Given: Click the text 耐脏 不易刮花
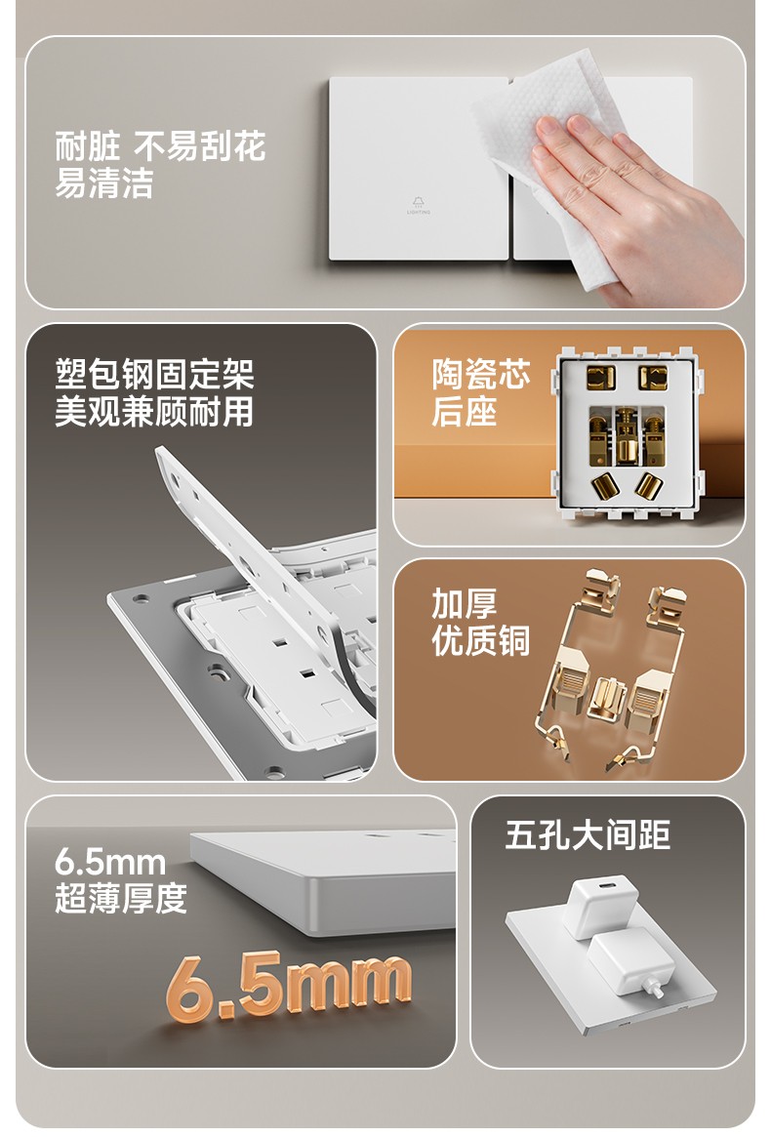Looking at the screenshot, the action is coord(160,145).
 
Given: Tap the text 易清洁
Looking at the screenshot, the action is coord(104,182).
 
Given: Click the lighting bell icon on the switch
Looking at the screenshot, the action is coord(419,202).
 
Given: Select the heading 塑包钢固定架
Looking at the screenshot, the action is coord(154,374).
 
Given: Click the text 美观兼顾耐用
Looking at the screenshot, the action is coord(154,411).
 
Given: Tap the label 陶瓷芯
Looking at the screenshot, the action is coord(481,374).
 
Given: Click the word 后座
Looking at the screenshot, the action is coord(465,411).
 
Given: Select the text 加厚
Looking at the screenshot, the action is coord(465,603).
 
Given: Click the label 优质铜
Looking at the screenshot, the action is coord(481,640).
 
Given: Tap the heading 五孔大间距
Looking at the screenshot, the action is coord(588,834).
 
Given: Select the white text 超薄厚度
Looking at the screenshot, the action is coord(121,899).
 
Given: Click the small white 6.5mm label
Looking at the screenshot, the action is coord(110,862).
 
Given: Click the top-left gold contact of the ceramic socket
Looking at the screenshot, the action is coord(600,377).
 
